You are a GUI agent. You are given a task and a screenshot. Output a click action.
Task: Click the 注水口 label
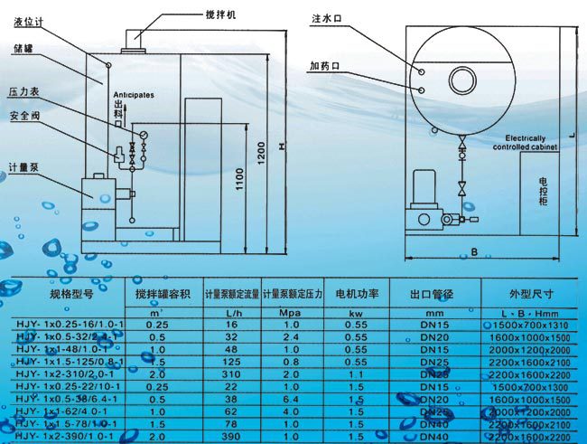click(325, 17)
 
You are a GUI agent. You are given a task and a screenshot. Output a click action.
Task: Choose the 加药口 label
click(324, 66)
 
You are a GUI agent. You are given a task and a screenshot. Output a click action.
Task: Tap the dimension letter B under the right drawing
click(474, 253)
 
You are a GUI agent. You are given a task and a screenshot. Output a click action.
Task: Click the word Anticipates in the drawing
click(134, 94)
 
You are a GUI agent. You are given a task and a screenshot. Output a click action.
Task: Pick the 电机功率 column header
click(356, 294)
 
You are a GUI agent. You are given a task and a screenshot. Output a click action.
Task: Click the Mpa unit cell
click(293, 311)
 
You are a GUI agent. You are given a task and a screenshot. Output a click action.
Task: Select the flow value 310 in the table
click(231, 373)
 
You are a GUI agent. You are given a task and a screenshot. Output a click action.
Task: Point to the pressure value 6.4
click(293, 399)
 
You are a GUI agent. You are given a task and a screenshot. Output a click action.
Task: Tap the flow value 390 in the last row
click(231, 436)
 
